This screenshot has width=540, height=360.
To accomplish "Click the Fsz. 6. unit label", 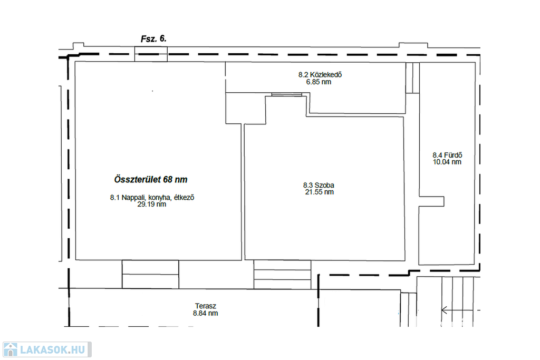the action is coord(153,39).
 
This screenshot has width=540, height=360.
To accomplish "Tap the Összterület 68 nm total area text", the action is coord(151,180).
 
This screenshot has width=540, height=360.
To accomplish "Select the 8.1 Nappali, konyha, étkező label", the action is coord(152,198).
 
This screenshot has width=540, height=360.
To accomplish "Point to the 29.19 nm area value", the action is coord(152,204).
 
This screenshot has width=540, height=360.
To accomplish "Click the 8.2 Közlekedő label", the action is coord(320,75).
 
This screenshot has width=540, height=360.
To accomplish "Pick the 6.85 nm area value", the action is coord(319,82).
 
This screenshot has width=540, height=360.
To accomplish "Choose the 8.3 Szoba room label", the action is coord(319,185).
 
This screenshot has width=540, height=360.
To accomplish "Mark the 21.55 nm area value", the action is coord(319,192).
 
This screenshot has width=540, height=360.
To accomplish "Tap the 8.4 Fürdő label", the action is coord(447,155).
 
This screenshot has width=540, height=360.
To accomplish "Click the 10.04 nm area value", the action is coord(447,162).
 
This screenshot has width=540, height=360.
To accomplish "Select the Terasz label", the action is coord(206,306).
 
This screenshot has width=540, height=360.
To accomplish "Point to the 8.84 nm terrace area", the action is coord(205,313).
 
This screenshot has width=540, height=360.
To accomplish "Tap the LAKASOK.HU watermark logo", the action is coord(47,349).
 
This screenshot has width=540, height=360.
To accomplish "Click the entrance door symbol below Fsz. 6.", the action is coord(151,54).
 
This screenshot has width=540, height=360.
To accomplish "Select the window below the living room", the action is coord(150,274).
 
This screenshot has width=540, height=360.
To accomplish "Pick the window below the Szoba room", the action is coord(283,274).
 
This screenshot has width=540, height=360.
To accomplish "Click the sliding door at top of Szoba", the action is coord(286,95).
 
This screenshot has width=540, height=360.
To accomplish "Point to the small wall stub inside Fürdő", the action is coord(431,202).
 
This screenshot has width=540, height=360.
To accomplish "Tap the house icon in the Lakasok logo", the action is coord(10,349).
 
